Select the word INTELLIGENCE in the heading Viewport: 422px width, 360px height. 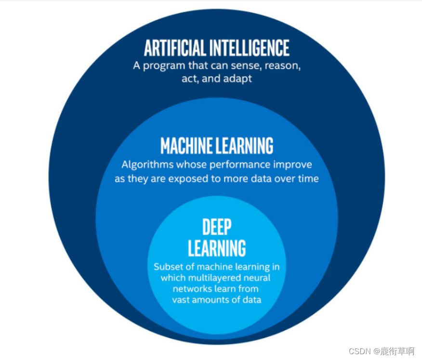pos(250,48)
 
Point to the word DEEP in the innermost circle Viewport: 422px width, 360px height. pos(217,227)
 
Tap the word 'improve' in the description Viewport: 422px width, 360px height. pos(293,165)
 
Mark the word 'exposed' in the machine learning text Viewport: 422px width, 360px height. pos(185,178)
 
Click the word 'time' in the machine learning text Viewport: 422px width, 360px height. pos(309,178)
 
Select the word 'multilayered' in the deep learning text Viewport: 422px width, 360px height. pos(211,278)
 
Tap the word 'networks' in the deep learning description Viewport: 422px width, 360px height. pos(191,289)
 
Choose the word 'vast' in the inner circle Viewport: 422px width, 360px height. pos(182,299)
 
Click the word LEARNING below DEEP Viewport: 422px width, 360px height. pos(217,248)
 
